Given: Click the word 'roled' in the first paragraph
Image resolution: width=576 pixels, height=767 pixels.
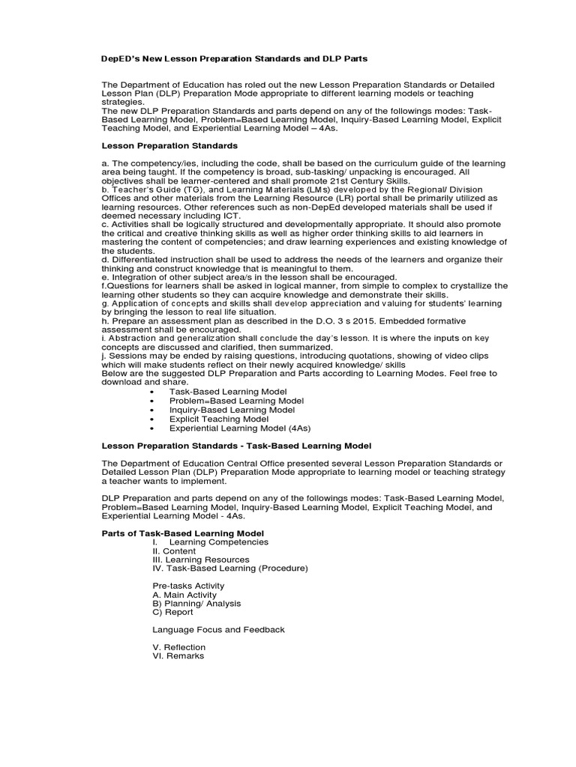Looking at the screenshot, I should point(248,85).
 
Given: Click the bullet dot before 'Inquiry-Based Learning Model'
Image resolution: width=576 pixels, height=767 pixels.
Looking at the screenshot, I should point(152,410).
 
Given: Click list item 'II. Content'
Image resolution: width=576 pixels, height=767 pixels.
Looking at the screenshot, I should point(174,551).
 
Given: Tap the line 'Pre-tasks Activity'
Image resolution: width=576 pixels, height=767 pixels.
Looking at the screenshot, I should point(188,586).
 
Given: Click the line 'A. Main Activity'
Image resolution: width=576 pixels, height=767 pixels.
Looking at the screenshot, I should point(184,595).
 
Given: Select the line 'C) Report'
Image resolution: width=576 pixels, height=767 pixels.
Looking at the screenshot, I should point(173,612).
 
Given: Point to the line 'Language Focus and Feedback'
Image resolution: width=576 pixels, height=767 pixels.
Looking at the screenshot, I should point(218,630).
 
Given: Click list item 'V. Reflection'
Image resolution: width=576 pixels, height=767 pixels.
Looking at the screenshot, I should point(178,647).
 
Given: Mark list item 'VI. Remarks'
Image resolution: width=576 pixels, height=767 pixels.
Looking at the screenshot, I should point(178,656).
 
